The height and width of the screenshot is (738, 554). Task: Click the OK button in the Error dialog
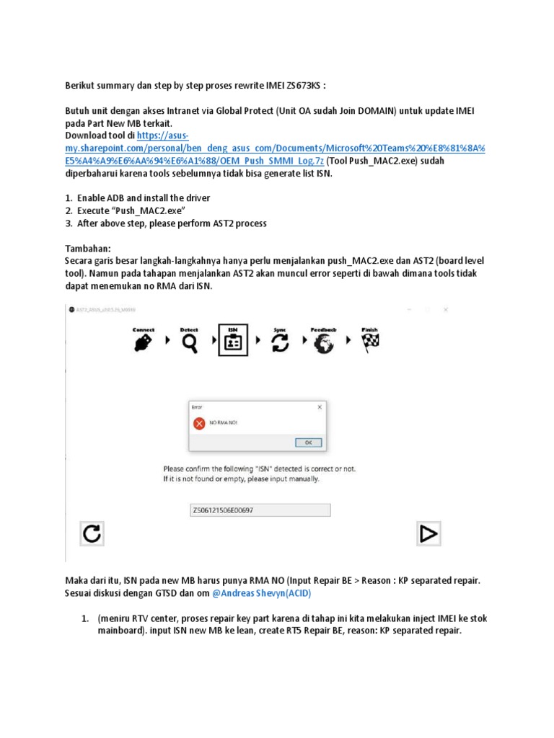click(308, 442)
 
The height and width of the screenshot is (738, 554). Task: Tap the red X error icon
click(199, 424)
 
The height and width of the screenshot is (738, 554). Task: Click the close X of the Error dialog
click(320, 406)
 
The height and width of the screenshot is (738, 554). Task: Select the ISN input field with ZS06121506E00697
click(260, 510)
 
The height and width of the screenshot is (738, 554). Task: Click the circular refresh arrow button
click(92, 533)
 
